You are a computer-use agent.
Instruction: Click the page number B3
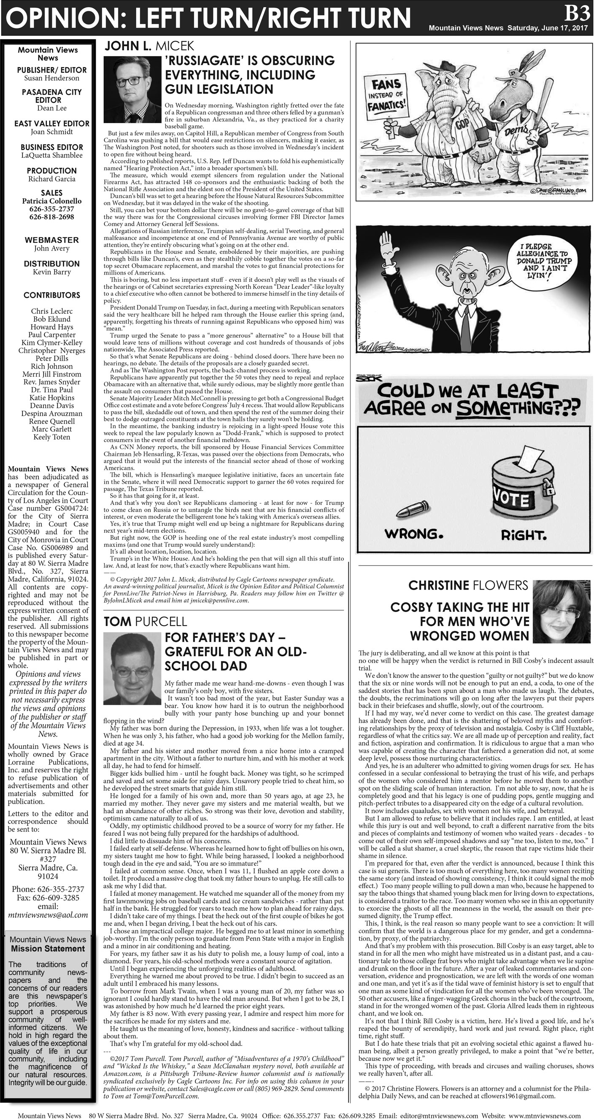point(577,14)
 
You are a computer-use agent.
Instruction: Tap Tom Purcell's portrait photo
point(132,669)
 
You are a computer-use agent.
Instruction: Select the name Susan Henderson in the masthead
point(52,78)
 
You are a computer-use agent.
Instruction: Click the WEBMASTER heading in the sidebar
point(52,240)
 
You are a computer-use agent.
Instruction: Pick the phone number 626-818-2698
point(52,217)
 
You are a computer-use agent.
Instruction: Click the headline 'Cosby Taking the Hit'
point(459,607)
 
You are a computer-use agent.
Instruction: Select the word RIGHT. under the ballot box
point(524,535)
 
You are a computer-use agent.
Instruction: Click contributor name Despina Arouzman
point(52,413)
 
